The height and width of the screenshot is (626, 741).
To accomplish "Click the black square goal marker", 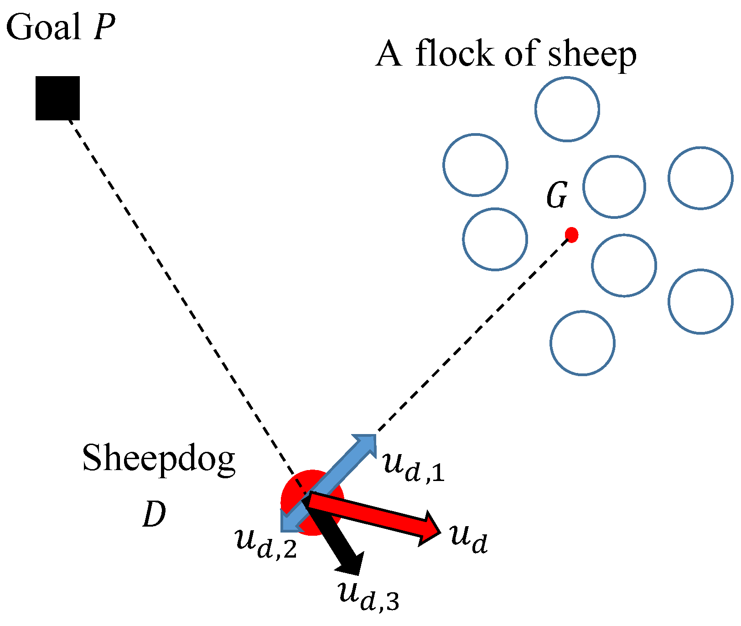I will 57,98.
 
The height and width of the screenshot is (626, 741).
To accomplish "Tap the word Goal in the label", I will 43,27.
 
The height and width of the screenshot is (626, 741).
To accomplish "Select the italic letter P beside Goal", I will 104,27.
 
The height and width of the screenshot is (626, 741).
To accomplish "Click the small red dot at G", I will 571,235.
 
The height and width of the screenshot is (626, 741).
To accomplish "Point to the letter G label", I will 557,196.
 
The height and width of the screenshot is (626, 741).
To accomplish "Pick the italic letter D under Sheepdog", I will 154,515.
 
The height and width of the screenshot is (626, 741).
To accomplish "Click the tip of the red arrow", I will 439,532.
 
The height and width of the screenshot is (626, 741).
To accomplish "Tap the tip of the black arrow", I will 356,570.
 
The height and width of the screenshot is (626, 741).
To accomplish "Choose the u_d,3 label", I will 369,595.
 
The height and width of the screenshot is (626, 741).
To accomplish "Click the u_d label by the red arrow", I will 469,538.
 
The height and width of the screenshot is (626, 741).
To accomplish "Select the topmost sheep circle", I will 567,109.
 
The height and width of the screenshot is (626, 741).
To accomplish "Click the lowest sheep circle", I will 582,343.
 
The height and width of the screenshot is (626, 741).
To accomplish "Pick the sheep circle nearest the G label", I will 614,186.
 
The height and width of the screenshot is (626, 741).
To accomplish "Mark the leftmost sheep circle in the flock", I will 475,165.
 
